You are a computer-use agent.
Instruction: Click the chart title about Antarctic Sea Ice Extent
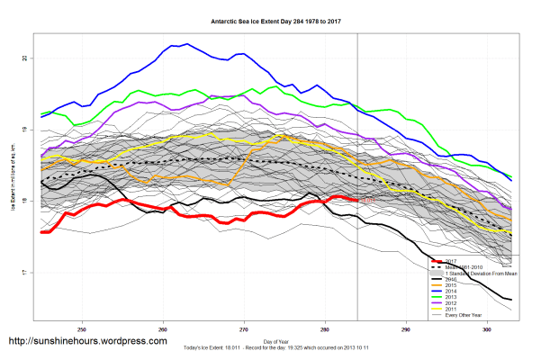[270, 18]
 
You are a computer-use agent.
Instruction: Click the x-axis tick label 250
[83, 328]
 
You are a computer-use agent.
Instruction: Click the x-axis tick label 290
[405, 328]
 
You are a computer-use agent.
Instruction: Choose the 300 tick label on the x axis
[486, 328]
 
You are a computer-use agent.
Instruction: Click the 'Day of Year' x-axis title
[270, 340]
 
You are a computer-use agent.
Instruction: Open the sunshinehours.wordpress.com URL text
[86, 342]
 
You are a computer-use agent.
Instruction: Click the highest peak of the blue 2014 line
[185, 43]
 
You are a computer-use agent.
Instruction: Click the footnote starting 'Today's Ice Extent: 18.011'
[270, 348]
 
